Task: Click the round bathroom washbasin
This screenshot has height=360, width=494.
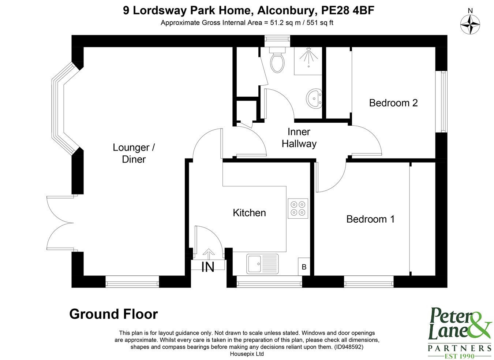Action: (x=314, y=98)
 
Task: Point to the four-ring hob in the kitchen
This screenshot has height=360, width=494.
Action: (x=298, y=208)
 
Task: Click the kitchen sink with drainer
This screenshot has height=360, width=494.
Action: (x=262, y=264)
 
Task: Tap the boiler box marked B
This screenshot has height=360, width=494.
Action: (x=304, y=267)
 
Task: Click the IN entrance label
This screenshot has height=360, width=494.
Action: (x=208, y=267)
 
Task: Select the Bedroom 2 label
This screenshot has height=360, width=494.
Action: (x=393, y=103)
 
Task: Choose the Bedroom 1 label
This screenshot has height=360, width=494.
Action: (x=370, y=219)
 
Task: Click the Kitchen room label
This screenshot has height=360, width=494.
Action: (x=249, y=213)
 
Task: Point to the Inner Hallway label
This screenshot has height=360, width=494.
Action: (x=299, y=138)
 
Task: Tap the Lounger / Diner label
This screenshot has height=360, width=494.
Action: (x=134, y=153)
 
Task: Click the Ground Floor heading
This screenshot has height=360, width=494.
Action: (x=113, y=314)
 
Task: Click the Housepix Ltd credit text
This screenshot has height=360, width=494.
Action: (x=247, y=354)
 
